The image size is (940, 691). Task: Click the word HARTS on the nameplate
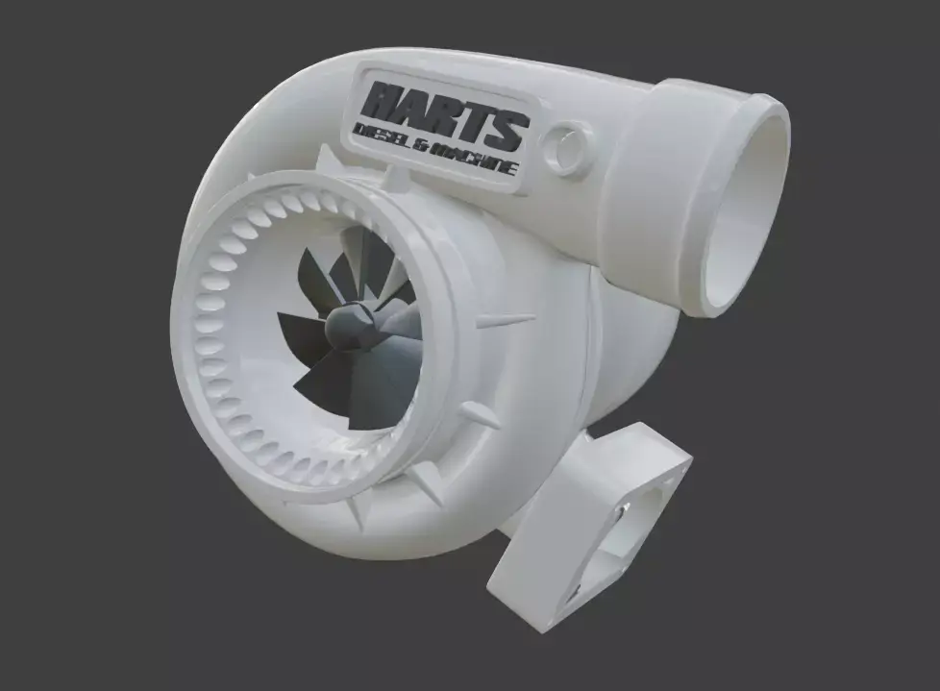(447, 113)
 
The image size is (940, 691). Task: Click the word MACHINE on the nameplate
(474, 159)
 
